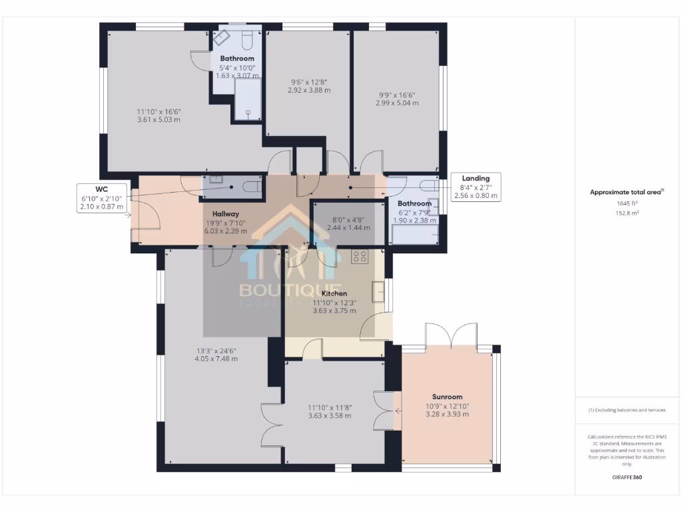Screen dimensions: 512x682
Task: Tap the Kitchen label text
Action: pyautogui.click(x=334, y=293)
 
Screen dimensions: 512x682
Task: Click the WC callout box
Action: pyautogui.click(x=101, y=198)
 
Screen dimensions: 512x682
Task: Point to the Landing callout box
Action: pyautogui.click(x=476, y=187)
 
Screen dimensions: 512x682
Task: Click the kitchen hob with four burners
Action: pyautogui.click(x=360, y=256)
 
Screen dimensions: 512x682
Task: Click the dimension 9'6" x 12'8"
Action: pyautogui.click(x=309, y=85)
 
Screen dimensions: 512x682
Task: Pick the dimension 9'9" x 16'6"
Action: pyautogui.click(x=396, y=99)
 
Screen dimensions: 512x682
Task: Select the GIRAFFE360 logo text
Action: pyautogui.click(x=626, y=477)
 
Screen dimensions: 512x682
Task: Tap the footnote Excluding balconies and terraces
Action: pyautogui.click(x=626, y=410)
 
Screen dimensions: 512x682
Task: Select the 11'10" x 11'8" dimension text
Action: pyautogui.click(x=329, y=411)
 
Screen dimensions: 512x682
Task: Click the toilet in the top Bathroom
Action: pyautogui.click(x=246, y=40)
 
